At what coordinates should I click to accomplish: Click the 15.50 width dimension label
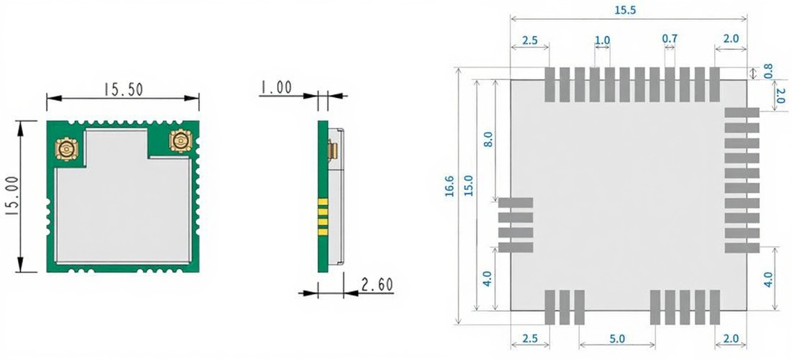pos(123,89)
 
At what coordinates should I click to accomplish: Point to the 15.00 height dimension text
pos(14,196)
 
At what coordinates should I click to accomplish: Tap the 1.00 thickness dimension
pos(276,88)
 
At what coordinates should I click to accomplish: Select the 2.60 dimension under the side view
pos(377,285)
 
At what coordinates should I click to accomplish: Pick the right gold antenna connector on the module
pos(181,140)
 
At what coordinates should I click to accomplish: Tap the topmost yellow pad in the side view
pos(323,202)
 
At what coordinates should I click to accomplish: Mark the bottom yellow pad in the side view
pos(323,233)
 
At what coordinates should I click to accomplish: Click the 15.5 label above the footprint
pos(626,11)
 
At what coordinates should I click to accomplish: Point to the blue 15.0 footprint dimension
pos(468,185)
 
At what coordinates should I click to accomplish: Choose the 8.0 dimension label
pos(488,138)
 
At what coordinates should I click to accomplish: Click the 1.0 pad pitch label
pos(602,40)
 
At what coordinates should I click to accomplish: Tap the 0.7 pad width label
pos(670,38)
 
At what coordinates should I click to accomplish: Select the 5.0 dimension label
pos(617,338)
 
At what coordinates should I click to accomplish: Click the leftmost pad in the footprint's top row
pos(549,84)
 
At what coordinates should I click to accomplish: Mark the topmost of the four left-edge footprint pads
pos(516,202)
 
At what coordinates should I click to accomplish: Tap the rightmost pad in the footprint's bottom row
pos(715,307)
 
